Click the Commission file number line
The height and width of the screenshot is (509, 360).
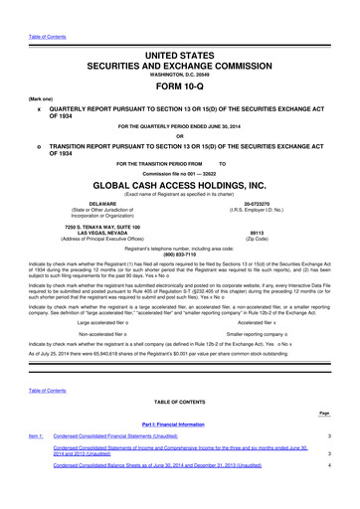pyautogui.click(x=179, y=168)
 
